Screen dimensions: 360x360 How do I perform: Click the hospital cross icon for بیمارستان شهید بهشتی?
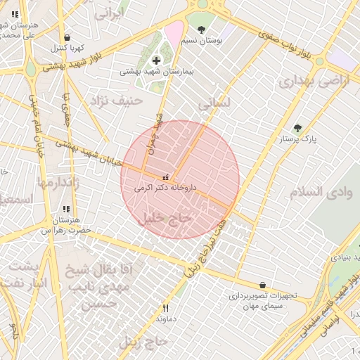pyautogui.click(x=155, y=61)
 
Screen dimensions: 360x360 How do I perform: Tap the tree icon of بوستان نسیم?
pyautogui.click(x=202, y=30)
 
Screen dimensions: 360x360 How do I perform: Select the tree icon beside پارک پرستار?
pyautogui.click(x=297, y=129)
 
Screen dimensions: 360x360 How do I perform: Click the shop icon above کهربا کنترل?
pyautogui.click(x=67, y=38)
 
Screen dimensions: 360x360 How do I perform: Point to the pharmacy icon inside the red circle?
pyautogui.click(x=166, y=177)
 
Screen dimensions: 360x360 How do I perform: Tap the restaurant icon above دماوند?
pyautogui.click(x=166, y=307)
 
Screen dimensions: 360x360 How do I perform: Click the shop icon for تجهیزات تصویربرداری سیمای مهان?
pyautogui.click(x=263, y=285)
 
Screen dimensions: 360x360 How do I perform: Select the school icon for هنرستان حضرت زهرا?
pyautogui.click(x=66, y=209)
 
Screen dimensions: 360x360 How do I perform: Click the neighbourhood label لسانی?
pyautogui.click(x=214, y=103)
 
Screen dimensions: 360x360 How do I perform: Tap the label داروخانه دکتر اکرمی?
pyautogui.click(x=165, y=188)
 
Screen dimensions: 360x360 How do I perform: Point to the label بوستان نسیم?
pyautogui.click(x=202, y=41)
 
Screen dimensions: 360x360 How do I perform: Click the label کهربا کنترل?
pyautogui.click(x=67, y=49)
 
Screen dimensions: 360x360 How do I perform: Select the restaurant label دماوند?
pyautogui.click(x=166, y=318)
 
